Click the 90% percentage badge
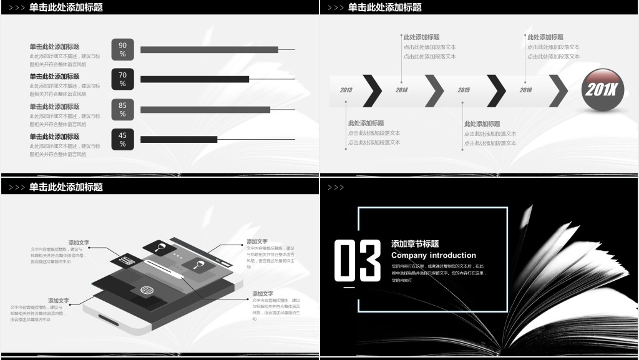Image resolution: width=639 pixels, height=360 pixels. (122, 49)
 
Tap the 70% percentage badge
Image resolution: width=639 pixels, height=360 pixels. (122, 79)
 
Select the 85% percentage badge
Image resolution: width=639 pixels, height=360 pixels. (122, 109)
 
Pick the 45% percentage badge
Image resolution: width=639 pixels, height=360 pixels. (122, 139)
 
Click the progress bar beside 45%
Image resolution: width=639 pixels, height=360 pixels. (178, 139)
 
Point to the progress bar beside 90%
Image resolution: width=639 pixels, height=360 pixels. (209, 49)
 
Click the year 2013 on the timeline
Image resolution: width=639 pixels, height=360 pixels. (346, 90)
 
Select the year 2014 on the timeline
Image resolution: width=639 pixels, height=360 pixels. (401, 90)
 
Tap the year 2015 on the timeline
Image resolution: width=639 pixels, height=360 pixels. (464, 90)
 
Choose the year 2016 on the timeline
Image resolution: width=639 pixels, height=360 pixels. (525, 90)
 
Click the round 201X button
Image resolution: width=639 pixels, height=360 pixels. (603, 90)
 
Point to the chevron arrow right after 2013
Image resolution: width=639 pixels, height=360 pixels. (373, 90)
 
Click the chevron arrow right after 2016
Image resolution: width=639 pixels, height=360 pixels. (559, 90)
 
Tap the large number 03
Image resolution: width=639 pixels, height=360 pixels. (357, 259)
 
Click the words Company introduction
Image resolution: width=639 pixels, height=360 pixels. (433, 255)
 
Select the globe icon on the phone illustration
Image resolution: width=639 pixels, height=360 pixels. (147, 291)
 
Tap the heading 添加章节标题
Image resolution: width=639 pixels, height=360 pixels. (415, 244)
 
